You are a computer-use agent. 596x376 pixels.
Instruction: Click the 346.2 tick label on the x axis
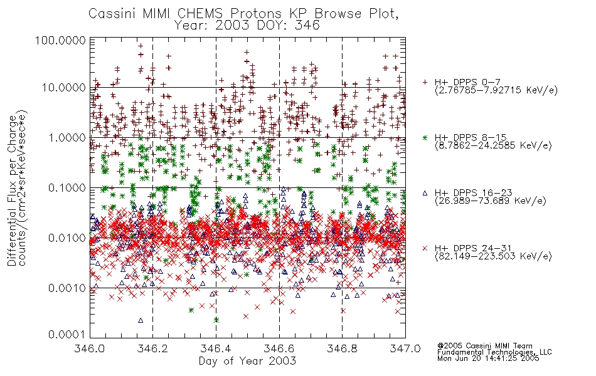click(152, 348)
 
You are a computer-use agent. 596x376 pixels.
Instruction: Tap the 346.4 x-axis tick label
click(216, 348)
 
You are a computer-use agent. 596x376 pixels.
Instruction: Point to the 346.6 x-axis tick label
click(279, 348)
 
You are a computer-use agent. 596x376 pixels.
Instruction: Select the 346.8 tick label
click(342, 348)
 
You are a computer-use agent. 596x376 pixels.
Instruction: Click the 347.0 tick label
click(405, 348)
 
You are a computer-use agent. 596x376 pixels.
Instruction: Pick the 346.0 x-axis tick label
click(89, 348)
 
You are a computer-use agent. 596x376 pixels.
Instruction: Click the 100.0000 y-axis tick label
click(60, 41)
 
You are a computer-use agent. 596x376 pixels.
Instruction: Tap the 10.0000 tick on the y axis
click(63, 88)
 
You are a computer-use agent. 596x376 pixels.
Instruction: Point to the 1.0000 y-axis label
click(67, 137)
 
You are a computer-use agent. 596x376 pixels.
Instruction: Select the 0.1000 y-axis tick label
click(67, 187)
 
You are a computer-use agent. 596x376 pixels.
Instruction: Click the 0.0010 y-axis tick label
click(67, 288)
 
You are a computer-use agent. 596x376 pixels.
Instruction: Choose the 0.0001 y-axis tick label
click(67, 335)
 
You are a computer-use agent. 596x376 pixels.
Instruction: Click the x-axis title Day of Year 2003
click(247, 361)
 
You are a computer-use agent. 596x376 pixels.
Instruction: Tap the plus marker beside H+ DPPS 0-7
click(425, 82)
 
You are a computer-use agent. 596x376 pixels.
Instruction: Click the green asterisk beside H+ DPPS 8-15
click(425, 137)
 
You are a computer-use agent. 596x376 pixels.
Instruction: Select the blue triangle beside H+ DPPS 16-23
click(425, 193)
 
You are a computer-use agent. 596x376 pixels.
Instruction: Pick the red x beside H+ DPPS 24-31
click(425, 248)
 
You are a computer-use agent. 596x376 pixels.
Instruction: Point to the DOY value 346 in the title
click(307, 26)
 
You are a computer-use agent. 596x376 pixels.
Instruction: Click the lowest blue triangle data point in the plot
click(141, 320)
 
